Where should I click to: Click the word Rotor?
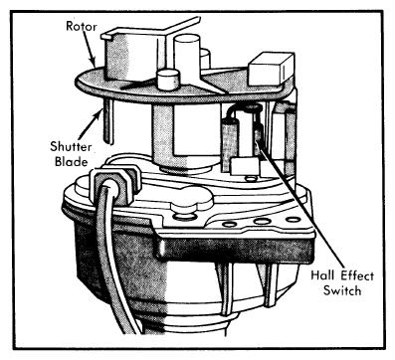click(x=81, y=26)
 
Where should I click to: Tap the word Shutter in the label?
click(x=71, y=146)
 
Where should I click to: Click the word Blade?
click(x=72, y=161)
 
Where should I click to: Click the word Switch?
click(x=342, y=290)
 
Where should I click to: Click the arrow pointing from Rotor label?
click(x=89, y=49)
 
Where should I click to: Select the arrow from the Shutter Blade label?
click(x=91, y=125)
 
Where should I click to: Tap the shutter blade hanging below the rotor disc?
click(x=107, y=121)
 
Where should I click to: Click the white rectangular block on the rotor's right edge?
click(x=272, y=70)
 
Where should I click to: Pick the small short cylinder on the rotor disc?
click(x=168, y=80)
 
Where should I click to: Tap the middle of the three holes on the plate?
click(x=260, y=221)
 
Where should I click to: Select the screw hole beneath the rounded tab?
click(x=183, y=217)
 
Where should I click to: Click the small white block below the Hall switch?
click(x=245, y=166)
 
